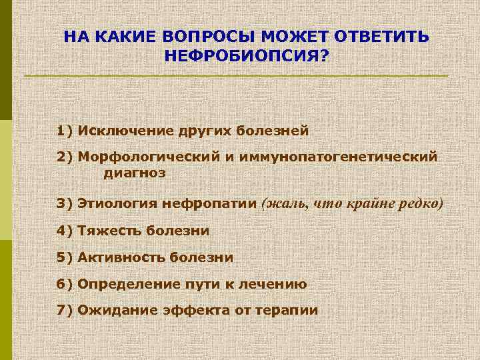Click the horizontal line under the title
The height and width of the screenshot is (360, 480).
237,76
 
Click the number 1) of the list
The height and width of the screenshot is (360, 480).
65,129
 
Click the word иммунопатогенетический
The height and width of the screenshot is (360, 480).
335,157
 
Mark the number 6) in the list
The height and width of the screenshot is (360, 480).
65,284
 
